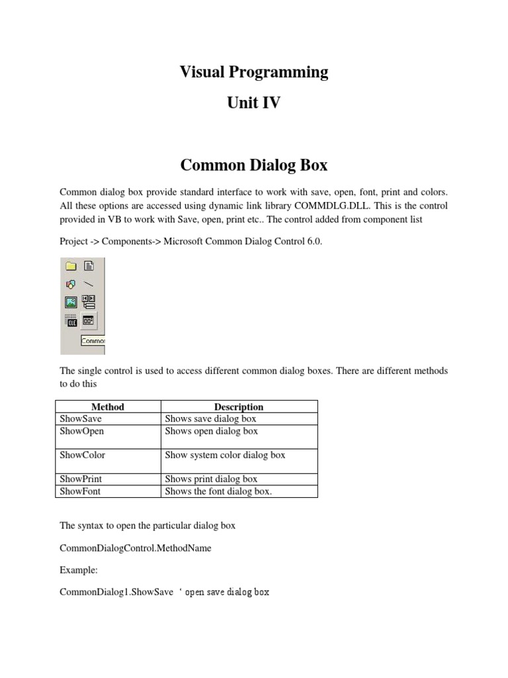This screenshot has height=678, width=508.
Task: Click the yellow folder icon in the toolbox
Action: coord(71,266)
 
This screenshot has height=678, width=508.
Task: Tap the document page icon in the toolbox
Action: coord(89,266)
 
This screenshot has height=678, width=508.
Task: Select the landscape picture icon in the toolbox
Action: coord(71,302)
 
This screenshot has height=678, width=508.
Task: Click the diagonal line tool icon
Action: coord(89,284)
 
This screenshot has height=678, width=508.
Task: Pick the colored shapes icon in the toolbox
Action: coord(71,284)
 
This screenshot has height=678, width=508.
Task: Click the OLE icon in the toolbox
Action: coord(71,321)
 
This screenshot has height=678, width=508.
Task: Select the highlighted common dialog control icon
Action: coord(89,321)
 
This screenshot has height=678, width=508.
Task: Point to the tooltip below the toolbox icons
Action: coord(93,340)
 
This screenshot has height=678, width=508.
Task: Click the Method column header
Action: coord(108,407)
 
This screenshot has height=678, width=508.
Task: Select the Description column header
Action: coord(239,407)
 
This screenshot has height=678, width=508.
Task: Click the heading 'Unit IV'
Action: coord(253,103)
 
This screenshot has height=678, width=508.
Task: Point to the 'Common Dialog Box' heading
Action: coord(253,164)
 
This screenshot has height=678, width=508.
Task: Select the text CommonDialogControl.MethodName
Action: coord(136,549)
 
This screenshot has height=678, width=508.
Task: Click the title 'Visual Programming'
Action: coord(253,72)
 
